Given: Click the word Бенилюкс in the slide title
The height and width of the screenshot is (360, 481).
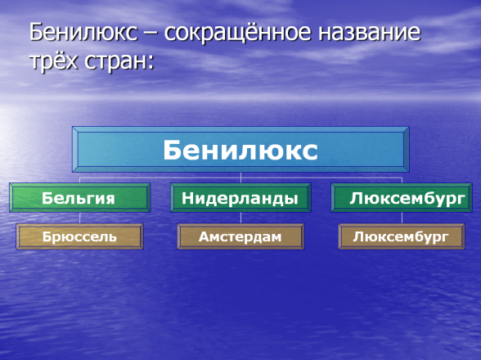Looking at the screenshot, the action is (83, 32).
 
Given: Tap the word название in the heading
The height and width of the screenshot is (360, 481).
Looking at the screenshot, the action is (370, 33).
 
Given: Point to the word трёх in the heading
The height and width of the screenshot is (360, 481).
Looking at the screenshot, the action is (54, 61).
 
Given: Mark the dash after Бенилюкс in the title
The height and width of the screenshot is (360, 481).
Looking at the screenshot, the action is (151, 34).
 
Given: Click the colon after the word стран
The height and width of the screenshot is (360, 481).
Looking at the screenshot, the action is (151, 64).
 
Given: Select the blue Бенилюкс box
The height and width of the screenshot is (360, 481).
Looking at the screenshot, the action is (240, 150).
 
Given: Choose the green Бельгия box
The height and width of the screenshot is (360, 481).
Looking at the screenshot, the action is (80, 198).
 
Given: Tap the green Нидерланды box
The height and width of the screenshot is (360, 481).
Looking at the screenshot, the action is (240, 198).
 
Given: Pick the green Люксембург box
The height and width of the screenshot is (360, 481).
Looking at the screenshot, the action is (402, 198).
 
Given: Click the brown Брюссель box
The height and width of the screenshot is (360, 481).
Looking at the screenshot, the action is (80, 236).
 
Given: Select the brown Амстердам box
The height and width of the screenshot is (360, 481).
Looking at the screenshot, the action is (240, 236).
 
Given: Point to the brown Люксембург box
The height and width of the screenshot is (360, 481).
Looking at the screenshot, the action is (402, 236).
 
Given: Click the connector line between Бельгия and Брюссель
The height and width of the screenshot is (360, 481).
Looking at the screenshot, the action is (80, 218).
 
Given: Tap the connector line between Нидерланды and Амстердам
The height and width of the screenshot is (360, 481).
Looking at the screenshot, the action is (240, 218).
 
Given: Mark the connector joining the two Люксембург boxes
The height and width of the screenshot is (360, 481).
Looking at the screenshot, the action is (402, 218).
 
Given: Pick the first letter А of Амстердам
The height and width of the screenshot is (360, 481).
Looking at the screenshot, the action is (204, 236).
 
